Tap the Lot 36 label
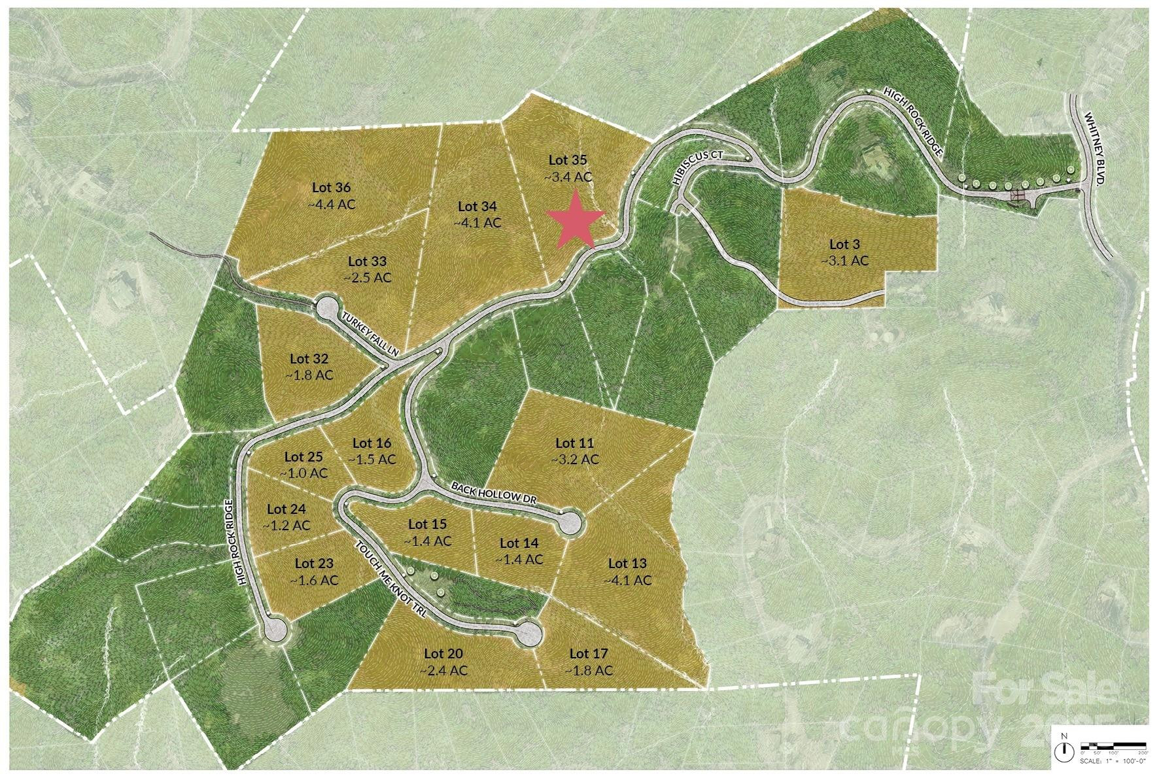332,188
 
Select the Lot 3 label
844,245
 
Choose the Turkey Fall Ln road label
371,333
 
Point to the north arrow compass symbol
1066,749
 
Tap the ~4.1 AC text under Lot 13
627,580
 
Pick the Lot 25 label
303,457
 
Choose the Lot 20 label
443,653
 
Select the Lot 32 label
309,359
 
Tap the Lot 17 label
589,653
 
